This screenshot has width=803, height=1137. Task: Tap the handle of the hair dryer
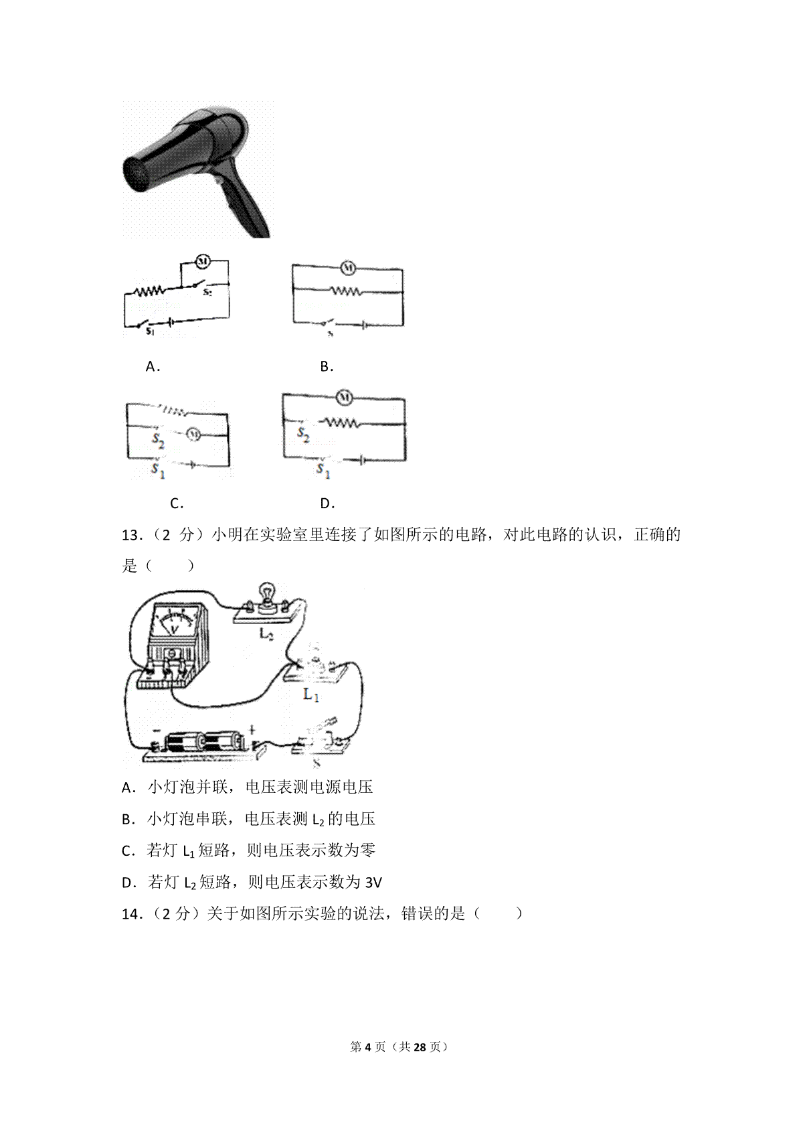[x=246, y=202]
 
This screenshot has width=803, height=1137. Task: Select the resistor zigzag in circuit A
[x=149, y=291]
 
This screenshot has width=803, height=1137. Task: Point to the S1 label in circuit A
[x=150, y=331]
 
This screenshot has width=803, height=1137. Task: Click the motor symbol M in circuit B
[x=347, y=267]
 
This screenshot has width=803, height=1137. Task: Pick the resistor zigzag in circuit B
[x=346, y=291]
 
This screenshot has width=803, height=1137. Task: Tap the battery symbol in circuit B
[x=364, y=324]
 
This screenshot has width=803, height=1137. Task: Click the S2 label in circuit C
[x=159, y=440]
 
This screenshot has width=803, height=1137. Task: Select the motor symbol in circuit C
[x=193, y=435]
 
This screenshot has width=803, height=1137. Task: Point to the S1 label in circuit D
[x=323, y=469]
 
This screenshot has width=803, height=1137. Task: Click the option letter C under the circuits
[x=176, y=504]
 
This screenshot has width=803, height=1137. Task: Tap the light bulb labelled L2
[x=266, y=593]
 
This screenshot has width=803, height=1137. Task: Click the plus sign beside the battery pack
[x=252, y=731]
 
